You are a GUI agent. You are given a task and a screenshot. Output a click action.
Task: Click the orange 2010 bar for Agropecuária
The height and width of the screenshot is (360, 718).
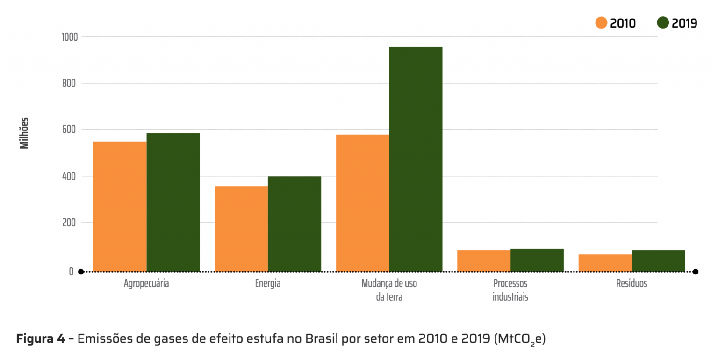[x=120, y=206]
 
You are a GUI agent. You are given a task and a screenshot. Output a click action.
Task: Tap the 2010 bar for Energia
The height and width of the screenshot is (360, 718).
[x=241, y=229]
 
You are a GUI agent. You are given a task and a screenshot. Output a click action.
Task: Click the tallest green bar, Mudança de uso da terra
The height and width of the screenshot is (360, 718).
[x=416, y=159]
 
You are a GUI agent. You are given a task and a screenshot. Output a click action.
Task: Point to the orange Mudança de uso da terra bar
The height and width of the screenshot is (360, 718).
[x=362, y=203]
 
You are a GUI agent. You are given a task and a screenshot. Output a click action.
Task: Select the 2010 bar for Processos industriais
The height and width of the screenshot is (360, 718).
[x=484, y=260]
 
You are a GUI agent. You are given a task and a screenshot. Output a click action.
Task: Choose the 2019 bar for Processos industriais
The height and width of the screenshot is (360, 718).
[x=537, y=260]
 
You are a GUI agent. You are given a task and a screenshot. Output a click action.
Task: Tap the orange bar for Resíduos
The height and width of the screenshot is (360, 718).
[x=605, y=263]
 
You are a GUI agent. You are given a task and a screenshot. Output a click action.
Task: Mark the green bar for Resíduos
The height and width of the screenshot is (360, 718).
[x=658, y=260]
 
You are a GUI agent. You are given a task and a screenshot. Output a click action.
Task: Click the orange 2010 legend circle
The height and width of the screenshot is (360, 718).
[x=601, y=23]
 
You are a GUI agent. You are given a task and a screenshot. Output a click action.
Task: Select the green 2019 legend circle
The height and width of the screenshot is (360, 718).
[x=663, y=23]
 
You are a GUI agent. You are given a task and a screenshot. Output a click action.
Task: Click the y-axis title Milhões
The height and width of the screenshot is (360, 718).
[x=24, y=133]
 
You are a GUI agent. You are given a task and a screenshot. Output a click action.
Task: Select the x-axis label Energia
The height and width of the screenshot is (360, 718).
[x=268, y=283]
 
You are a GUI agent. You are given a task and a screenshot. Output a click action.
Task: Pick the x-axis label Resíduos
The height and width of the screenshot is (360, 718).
[x=632, y=283]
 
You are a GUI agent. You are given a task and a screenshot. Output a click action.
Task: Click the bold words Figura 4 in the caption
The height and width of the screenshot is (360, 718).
[x=41, y=339]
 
